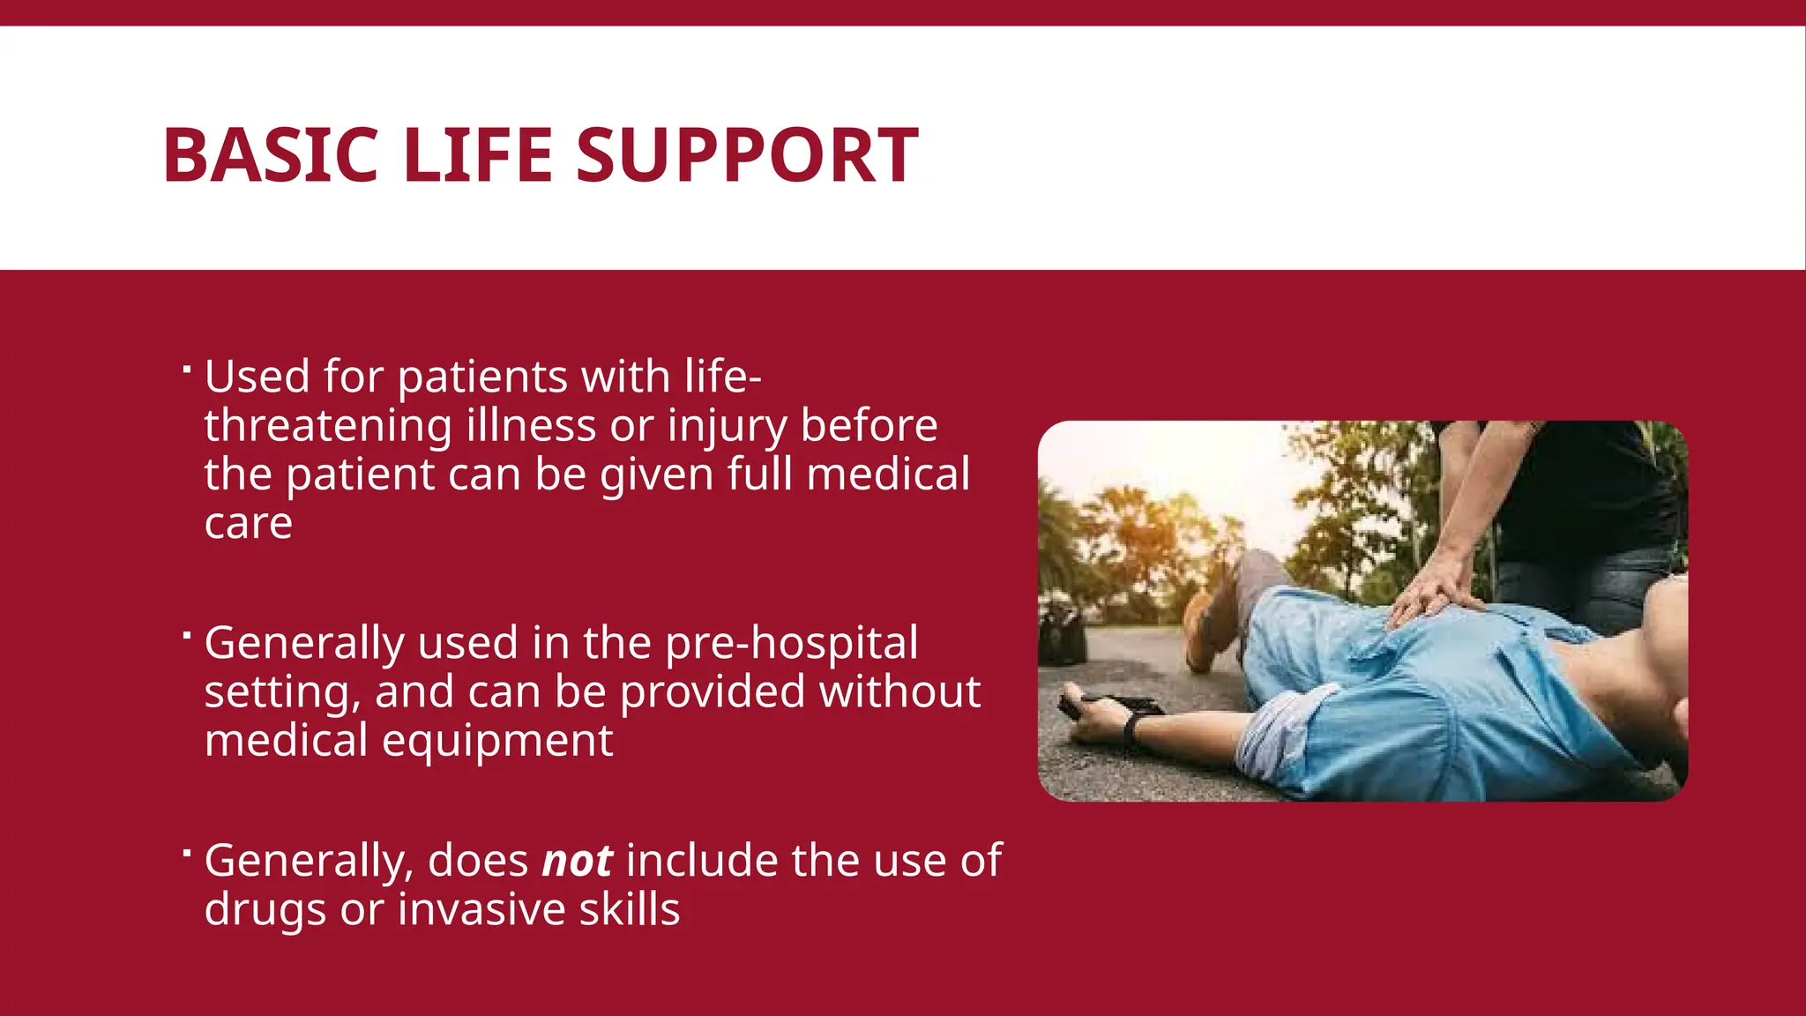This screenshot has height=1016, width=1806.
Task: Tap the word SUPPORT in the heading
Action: [747, 155]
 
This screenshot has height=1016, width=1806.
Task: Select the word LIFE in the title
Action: [477, 155]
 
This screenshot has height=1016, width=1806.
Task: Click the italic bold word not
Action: [577, 861]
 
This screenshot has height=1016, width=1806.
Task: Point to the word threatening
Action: [328, 426]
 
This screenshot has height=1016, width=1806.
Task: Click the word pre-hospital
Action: [791, 643]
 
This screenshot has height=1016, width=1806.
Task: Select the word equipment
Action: [497, 741]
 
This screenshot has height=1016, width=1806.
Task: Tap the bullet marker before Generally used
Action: [186, 635]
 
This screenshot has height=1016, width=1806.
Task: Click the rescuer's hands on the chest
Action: [1433, 595]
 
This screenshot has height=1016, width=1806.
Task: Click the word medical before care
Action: [888, 474]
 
